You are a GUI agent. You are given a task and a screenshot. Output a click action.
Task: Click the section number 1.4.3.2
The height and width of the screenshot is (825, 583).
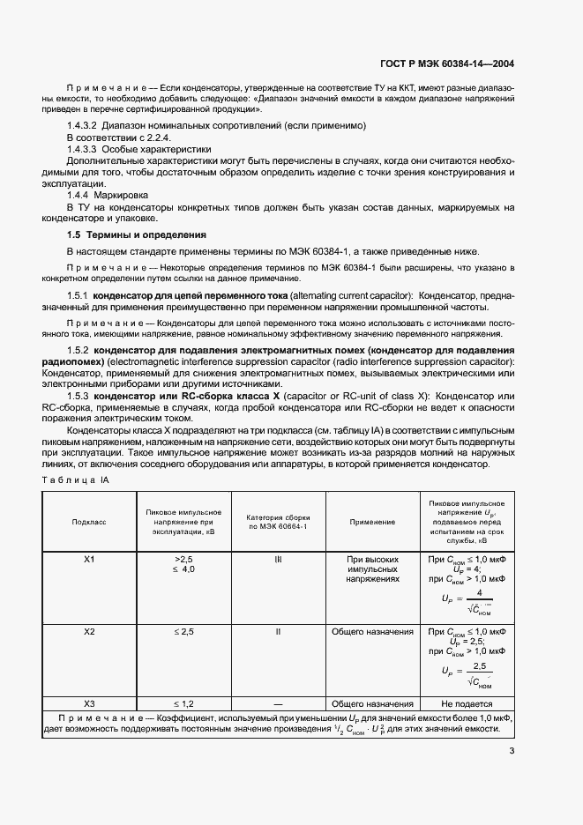tap(86, 127)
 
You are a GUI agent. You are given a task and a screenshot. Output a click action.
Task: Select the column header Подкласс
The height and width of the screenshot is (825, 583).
tap(88, 522)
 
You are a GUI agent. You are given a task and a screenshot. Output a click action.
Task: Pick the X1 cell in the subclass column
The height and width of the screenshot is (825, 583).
tap(88, 560)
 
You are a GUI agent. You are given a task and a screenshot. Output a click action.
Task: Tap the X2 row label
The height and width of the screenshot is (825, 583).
tap(88, 632)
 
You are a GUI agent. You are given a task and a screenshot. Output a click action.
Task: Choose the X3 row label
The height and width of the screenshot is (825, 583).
tap(88, 704)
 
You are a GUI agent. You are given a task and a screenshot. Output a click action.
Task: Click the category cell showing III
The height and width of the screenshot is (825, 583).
tap(278, 560)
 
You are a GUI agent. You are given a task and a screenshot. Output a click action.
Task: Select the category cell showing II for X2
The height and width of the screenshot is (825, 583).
tap(278, 632)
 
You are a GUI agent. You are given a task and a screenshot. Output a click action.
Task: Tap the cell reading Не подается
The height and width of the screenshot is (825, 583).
tap(467, 704)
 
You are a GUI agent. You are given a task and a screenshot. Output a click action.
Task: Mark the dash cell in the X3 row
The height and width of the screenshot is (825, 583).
tap(278, 704)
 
